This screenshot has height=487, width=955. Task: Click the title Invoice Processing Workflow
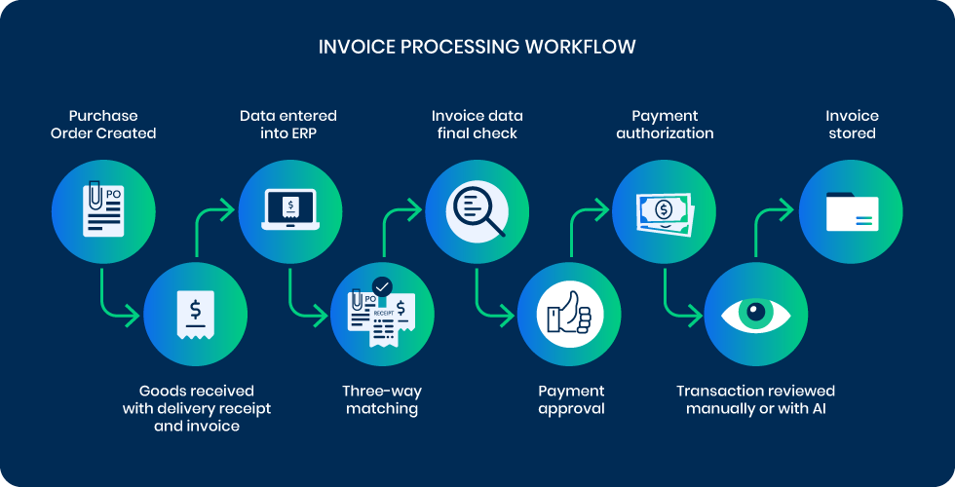point(477,47)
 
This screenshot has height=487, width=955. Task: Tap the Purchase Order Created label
point(103,125)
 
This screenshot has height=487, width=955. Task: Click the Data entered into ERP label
point(289,125)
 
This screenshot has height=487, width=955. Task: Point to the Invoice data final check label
point(477,125)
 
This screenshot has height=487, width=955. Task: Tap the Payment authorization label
point(665,125)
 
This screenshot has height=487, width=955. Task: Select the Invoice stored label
point(852,125)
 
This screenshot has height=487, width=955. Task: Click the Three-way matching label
point(382,399)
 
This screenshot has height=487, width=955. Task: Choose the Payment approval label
point(571,399)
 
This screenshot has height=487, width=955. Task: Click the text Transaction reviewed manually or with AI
point(756,399)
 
